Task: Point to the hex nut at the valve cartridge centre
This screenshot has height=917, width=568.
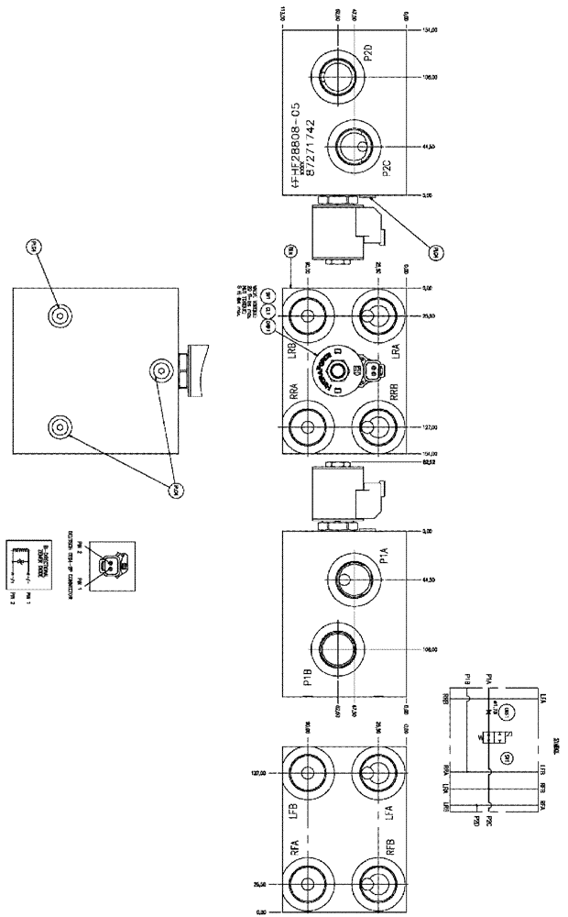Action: (342, 369)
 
